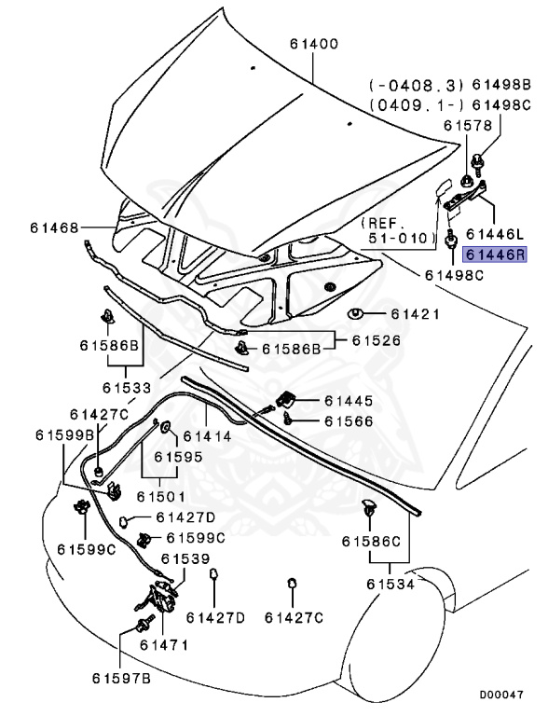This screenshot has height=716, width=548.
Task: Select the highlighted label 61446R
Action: coord(494,254)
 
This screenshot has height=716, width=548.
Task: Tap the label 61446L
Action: coord(494,232)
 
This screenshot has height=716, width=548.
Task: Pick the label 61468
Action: coord(55,227)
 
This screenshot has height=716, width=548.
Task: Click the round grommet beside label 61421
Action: coord(356,312)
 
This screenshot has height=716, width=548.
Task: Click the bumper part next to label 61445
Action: coord(289,400)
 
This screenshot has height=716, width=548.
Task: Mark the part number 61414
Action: coord(212,436)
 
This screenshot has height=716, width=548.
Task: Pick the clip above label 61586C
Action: coord(370,509)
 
